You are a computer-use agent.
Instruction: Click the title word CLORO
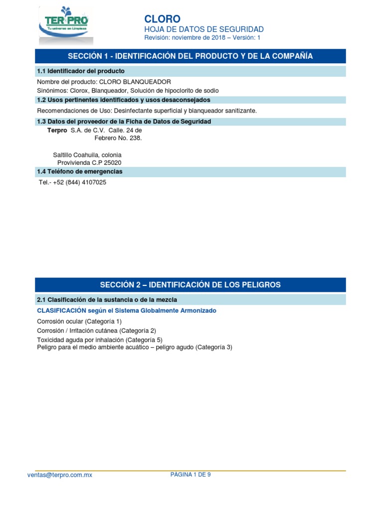(162, 19)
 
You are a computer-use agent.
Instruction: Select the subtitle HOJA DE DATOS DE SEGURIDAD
(204, 29)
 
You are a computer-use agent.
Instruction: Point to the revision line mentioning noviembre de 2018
(202, 38)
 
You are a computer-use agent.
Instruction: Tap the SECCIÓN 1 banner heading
(190, 56)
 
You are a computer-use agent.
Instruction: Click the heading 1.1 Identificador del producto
(81, 71)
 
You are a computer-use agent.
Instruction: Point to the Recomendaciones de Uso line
(147, 111)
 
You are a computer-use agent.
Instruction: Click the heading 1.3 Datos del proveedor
(124, 122)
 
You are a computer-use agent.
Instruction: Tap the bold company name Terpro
(57, 130)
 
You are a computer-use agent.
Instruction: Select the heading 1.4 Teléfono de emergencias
(80, 172)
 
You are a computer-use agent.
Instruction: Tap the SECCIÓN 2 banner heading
(190, 285)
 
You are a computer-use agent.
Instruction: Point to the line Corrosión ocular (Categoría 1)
(79, 321)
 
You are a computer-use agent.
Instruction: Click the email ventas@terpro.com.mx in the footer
(60, 475)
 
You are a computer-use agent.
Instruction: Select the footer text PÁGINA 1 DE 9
(191, 475)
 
